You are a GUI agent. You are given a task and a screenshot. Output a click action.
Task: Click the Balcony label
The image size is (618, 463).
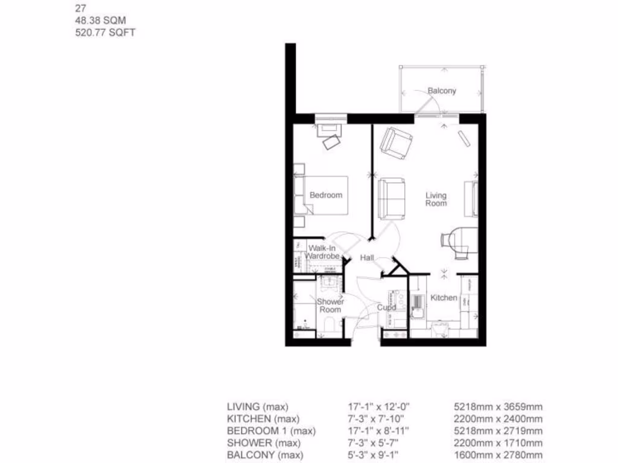tap(442, 91)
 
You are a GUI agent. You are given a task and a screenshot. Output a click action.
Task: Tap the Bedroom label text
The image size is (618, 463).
tap(326, 195)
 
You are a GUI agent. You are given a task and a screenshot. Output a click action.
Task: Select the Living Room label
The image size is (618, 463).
tap(436, 200)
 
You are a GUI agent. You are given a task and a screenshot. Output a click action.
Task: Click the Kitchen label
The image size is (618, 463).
tap(444, 298)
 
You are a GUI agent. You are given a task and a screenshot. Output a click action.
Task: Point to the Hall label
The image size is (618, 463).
tap(367, 258)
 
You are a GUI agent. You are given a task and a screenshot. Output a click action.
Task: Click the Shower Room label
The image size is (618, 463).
tap(330, 306)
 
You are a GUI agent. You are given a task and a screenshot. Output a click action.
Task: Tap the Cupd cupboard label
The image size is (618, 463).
tap(386, 307)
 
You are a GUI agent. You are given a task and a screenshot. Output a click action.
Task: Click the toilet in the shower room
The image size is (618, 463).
tap(329, 326)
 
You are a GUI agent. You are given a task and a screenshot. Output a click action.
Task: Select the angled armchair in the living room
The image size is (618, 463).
tap(396, 143)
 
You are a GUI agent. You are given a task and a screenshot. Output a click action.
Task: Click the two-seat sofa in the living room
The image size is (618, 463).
tap(392, 198)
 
